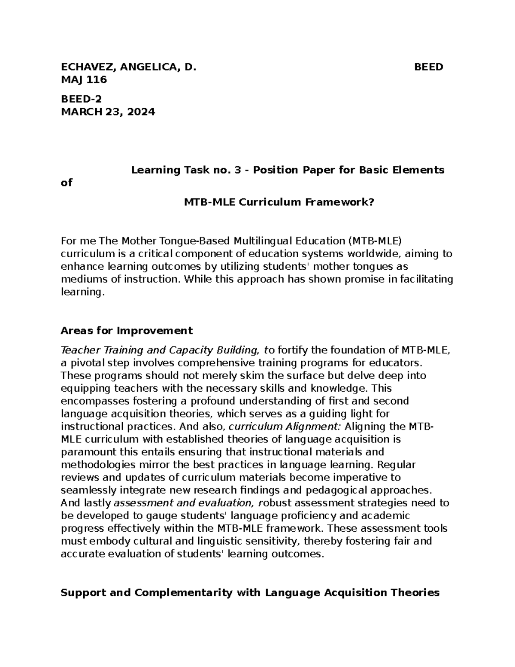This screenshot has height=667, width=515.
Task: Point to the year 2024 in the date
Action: tap(141, 112)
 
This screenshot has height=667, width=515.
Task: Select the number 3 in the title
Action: tap(237, 170)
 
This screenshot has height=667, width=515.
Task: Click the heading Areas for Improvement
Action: tap(127, 331)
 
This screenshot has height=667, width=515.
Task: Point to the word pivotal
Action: tap(87, 363)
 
